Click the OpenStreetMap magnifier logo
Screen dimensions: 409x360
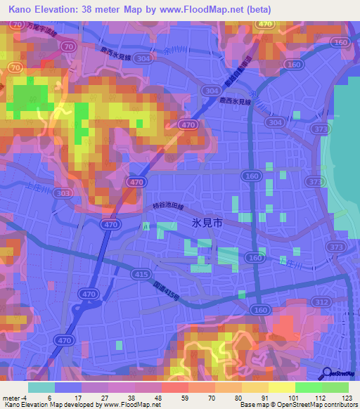point(328,373)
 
